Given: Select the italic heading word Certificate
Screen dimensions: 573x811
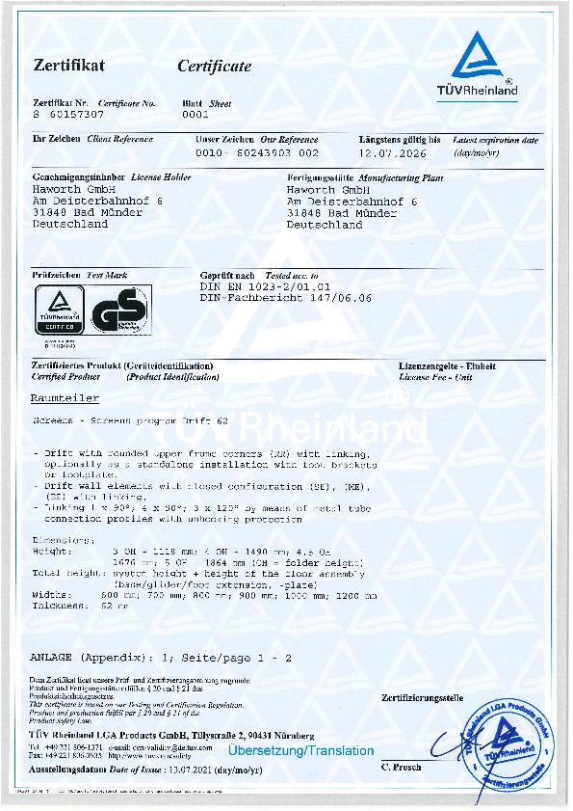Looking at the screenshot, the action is click(x=214, y=67).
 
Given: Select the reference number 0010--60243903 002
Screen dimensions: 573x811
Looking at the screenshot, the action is click(x=256, y=153).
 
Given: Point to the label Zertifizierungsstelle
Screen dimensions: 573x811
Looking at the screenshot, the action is click(x=422, y=697).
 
